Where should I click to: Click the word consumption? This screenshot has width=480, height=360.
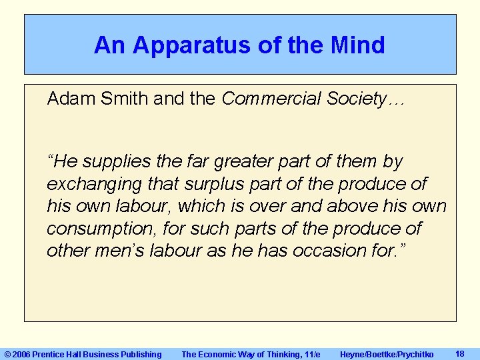point(94,229)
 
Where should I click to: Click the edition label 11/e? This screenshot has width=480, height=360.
point(311,355)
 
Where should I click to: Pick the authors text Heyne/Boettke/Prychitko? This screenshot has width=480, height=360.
point(387,355)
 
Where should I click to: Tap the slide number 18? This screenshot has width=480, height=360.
point(459,353)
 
